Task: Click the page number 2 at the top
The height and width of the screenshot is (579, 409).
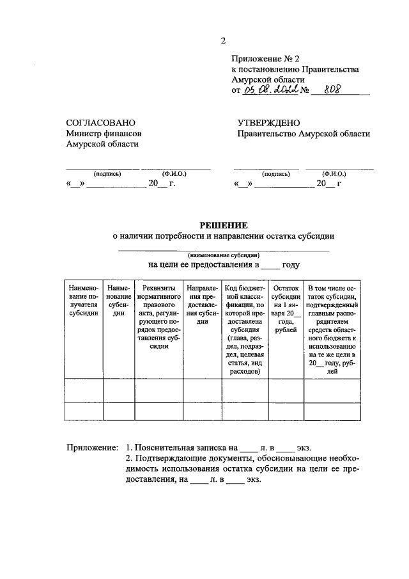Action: (223, 41)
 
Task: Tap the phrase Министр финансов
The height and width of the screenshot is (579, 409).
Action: (104, 134)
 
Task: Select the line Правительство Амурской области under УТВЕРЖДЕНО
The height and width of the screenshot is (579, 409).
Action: (304, 134)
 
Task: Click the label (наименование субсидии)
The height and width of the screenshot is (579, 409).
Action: (223, 254)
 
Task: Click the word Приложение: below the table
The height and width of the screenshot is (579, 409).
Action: (93, 447)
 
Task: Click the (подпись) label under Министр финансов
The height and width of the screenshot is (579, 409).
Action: (107, 173)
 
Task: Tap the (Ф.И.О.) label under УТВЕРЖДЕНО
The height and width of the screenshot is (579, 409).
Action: (334, 173)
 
